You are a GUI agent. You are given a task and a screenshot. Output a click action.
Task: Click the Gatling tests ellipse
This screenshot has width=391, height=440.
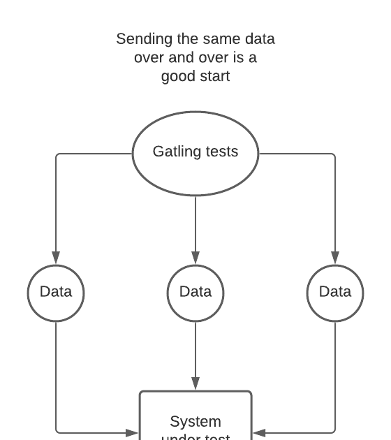[x=195, y=152]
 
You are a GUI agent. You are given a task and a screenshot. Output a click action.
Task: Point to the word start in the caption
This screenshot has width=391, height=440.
[x=213, y=76]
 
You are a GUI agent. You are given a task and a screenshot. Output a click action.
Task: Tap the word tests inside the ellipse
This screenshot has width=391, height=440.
[x=221, y=152]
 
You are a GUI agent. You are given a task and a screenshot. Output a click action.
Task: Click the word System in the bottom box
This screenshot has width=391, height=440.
[x=195, y=422]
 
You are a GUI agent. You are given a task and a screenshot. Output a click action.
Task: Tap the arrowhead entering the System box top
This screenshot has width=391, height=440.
[x=195, y=383]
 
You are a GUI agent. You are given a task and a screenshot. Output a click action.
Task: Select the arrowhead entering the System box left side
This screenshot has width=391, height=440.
[x=132, y=433]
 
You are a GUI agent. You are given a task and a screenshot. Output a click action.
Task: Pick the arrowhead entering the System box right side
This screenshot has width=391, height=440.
[x=259, y=433]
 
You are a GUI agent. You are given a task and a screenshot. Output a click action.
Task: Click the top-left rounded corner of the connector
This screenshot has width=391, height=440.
[x=58, y=155]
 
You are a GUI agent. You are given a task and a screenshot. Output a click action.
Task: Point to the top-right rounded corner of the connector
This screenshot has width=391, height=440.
[x=333, y=155]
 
